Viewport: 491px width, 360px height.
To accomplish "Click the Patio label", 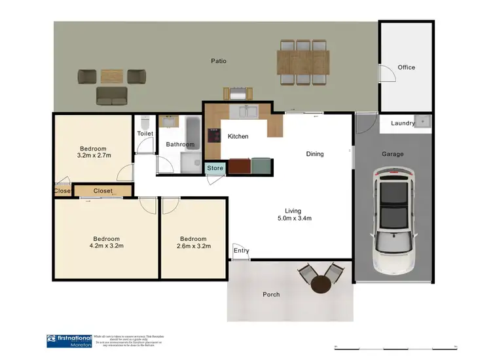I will pos(218,61).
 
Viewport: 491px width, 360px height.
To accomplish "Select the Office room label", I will pos(406,67).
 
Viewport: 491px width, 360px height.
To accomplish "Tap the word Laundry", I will pos(403,123).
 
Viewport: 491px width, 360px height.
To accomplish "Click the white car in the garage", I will pos(393,219).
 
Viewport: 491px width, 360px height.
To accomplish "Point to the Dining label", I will pos(315,154).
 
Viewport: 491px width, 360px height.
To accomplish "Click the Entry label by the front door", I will pos(241,250).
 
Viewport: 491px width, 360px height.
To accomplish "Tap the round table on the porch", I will pos(321,285).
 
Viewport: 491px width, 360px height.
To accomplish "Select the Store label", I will pos(215,168).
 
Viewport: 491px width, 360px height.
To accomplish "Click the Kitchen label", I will pos(238,137).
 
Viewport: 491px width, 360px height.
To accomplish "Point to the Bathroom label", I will pos(180,145).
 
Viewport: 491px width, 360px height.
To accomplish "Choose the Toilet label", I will pos(145,134).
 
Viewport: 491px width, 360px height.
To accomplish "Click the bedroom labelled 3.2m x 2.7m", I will pos(93,153).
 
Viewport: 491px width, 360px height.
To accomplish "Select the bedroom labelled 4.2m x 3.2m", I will pos(106,242).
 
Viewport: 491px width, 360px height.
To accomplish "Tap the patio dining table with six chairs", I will pos(304,62).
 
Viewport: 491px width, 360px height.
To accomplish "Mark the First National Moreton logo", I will pos(68,340).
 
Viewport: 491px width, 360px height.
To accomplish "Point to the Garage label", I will pos(393,154).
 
